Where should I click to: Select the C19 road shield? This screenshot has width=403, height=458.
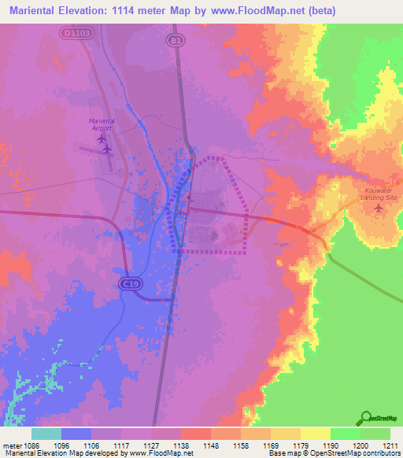point(131,282)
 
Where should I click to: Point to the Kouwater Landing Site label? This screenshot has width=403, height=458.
point(381,194)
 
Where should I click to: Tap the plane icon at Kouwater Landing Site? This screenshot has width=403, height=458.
point(380,208)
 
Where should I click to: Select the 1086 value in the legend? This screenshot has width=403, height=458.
point(31,445)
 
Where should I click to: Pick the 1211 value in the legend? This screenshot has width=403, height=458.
point(390,445)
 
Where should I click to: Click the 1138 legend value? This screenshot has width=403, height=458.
point(181,445)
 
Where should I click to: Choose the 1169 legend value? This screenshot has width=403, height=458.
point(271,445)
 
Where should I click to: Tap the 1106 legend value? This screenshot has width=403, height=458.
point(91,445)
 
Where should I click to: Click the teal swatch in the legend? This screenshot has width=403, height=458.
point(46,434)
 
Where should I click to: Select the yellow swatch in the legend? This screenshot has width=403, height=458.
point(316,434)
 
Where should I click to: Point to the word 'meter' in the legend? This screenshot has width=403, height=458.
point(11,445)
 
